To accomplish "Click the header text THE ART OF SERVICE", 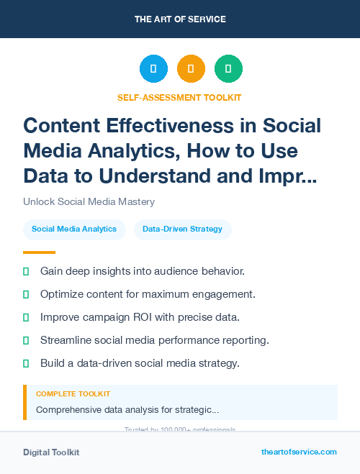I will coord(180,19).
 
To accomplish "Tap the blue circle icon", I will coord(153,69).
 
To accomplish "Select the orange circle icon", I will coord(191,69).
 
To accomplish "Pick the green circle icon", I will coord(228,69).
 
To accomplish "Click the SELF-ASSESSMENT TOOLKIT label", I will coord(179,97).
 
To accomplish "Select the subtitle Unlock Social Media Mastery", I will coord(89,201).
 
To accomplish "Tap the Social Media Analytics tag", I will coord(74,229).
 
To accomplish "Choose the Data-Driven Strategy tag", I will coord(182,229).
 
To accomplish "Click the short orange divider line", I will coord(39,252).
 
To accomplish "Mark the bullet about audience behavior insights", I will coord(142,271).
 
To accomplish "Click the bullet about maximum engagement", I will coord(148,294).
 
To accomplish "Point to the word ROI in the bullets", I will coord(145,317).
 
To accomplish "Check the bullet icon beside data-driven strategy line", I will coord(26,363).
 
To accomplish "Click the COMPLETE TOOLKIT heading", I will coord(73,394).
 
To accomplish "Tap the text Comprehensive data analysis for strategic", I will coord(127,409).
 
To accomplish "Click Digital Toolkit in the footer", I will coord(51,452).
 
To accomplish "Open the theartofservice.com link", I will coord(299,452).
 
